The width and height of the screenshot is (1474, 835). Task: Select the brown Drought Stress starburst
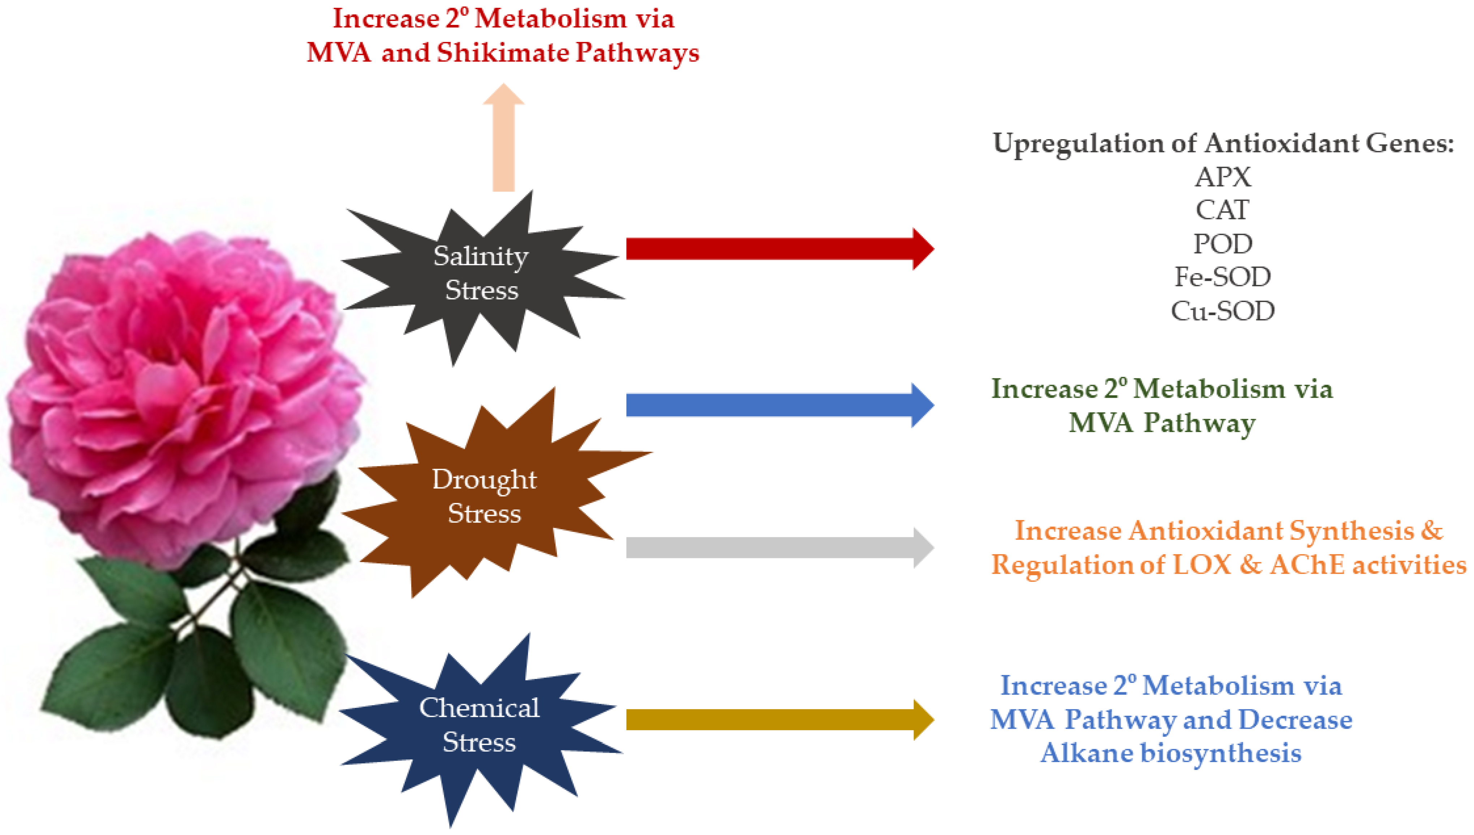coord(485,496)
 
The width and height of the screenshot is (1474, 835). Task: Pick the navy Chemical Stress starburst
coord(479,726)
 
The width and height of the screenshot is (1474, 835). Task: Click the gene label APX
coord(1223,177)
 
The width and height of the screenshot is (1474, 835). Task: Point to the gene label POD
coord(1223,244)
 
